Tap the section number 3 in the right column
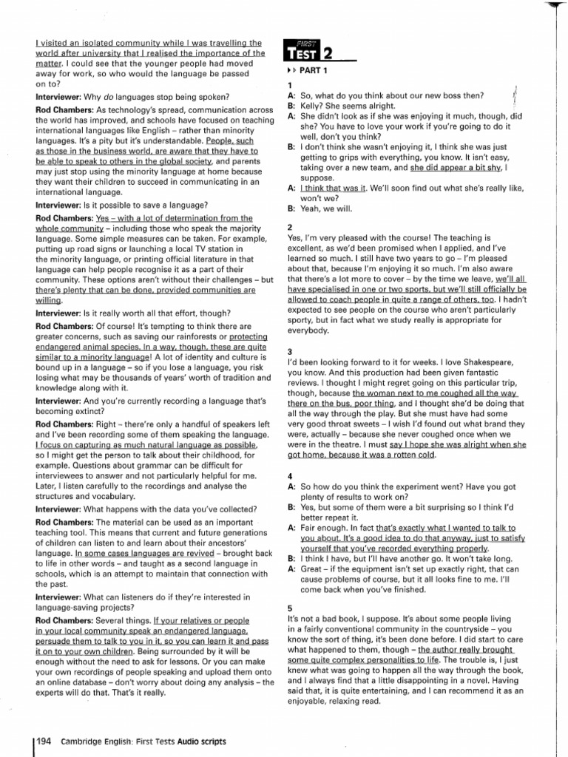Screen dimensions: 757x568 [x=290, y=350]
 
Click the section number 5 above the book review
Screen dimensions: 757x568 [x=290, y=608]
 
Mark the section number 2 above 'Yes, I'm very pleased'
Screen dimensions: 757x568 [x=290, y=226]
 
